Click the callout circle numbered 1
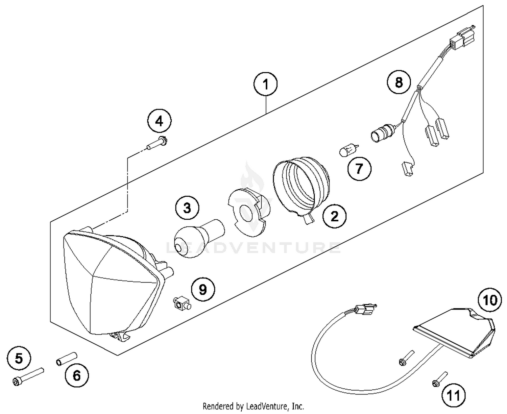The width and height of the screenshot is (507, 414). (266, 84)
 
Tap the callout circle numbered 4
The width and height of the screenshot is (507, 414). (159, 121)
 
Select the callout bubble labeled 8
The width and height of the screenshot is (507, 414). (399, 82)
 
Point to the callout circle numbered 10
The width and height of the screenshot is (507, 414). (489, 300)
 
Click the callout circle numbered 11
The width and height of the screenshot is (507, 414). (453, 395)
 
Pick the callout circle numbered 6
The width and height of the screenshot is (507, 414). (77, 375)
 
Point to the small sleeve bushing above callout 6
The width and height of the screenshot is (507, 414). (67, 359)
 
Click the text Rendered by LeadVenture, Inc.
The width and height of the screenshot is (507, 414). (253, 406)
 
